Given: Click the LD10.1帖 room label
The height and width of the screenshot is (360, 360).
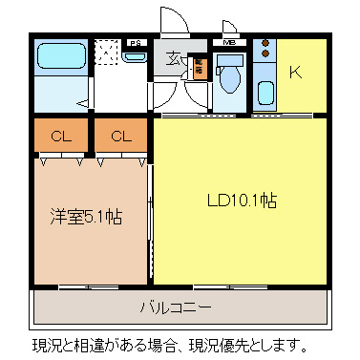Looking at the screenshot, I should (x=243, y=201).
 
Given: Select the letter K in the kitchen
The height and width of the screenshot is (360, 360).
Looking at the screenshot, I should (x=297, y=73).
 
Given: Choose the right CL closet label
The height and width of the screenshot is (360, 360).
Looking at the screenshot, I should (x=120, y=137).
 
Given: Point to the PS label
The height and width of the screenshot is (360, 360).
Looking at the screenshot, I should (x=136, y=43).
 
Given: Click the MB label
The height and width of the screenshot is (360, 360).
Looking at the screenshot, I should (x=229, y=43).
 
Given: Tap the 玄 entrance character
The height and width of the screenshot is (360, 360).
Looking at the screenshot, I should (x=175, y=59).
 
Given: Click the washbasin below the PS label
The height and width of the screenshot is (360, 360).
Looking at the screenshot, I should (x=136, y=57).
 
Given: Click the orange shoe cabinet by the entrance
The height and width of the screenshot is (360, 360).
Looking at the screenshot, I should (x=199, y=68).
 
